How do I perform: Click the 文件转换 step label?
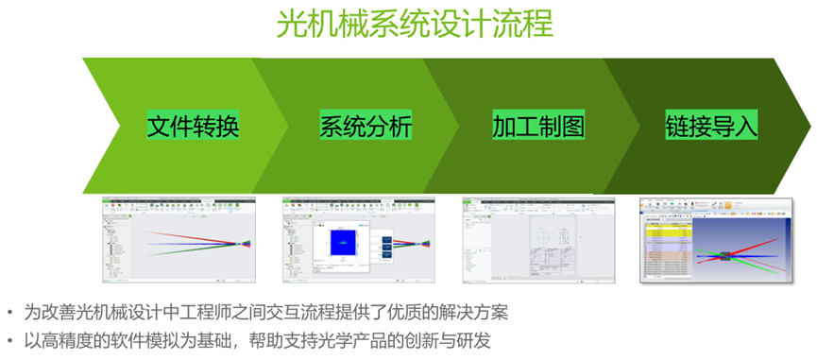tap(193, 126)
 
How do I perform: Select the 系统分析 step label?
tap(366, 126)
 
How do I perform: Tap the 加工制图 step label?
tap(538, 126)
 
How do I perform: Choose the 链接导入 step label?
tap(711, 126)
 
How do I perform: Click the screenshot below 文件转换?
tap(179, 240)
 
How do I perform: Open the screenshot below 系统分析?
tap(358, 240)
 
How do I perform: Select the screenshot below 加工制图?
tap(538, 240)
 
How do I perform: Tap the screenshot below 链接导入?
tap(716, 240)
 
